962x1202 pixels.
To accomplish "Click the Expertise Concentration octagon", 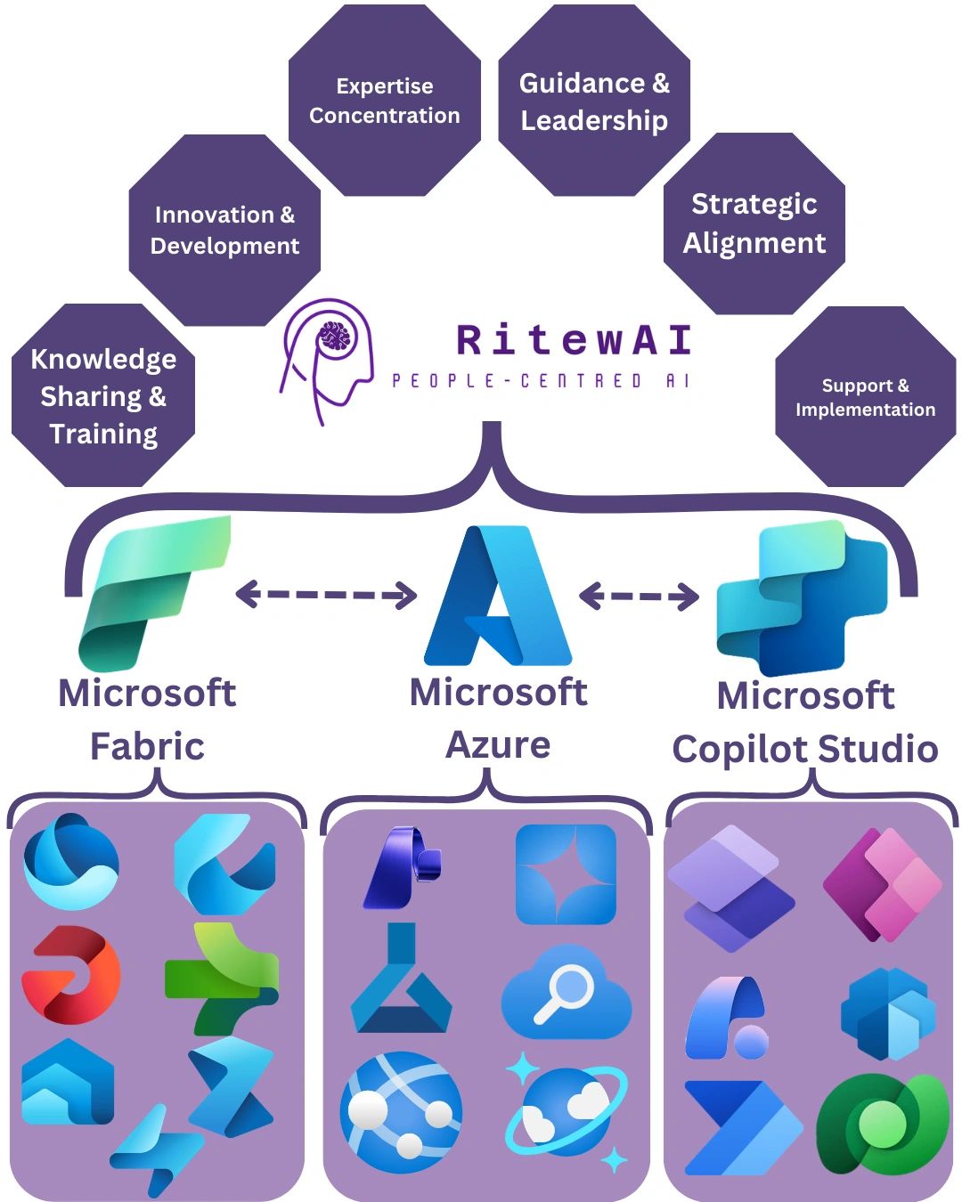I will coord(385,101).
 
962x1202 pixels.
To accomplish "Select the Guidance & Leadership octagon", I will coord(594,101).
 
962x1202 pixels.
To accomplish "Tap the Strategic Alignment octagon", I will coord(754,223).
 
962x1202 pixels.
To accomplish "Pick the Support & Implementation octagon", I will coord(865,397).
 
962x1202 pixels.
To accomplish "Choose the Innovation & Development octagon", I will coord(224,230).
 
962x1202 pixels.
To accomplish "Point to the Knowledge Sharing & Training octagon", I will coord(103,395).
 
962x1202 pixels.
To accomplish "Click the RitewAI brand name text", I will coord(574,340).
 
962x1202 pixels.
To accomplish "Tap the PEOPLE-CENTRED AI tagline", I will coord(541,381).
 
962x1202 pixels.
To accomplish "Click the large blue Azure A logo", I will coord(498,597).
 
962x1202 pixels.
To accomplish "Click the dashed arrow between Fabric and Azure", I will coord(326,594).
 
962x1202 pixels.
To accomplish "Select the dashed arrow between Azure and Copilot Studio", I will coord(639,595).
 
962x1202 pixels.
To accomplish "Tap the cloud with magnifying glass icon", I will coord(567,992).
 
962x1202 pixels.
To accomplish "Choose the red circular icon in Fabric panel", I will coord(70,974).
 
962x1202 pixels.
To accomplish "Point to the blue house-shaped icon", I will coord(68,1082).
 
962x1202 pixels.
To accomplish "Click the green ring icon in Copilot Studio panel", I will coord(882,1124).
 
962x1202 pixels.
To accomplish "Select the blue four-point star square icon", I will coord(566,874).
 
